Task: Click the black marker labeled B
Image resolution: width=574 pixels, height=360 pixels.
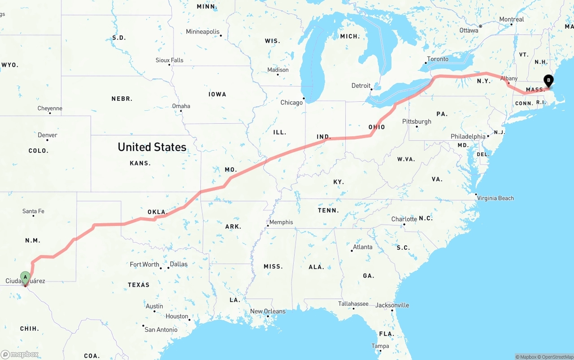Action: point(548,81)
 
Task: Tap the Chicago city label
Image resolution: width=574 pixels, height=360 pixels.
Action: point(291,103)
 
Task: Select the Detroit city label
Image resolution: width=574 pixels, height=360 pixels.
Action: point(361,86)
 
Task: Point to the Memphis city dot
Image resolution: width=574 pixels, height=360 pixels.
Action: point(268,226)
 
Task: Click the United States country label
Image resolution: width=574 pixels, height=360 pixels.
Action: point(152,147)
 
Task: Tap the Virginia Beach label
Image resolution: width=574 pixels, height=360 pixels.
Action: point(495,198)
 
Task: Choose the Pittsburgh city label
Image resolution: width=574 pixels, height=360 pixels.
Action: point(417,121)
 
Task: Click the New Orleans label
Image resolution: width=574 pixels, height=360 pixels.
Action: point(268,311)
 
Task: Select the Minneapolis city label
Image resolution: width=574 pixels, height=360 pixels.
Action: point(203,32)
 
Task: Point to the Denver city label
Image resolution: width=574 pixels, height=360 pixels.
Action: point(48,135)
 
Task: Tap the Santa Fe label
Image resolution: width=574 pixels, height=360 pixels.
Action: point(33,211)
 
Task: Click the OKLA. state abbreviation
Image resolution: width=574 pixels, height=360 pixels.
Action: point(157,212)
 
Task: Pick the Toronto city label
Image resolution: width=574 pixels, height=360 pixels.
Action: point(438,59)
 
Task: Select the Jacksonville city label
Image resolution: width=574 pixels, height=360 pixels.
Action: point(392,305)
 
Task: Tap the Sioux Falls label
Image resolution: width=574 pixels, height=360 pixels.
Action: point(170,60)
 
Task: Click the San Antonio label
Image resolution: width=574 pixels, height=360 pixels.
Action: point(161,330)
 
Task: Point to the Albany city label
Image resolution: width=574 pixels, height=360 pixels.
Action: point(509,78)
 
